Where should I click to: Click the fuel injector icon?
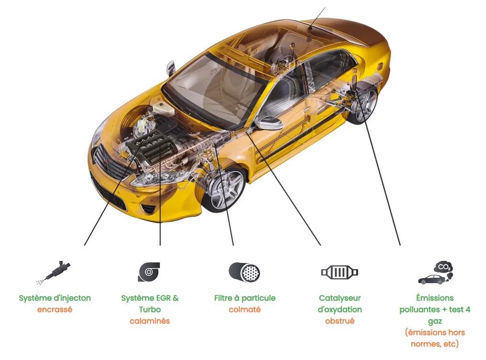(54, 272)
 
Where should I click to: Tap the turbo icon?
(149, 272)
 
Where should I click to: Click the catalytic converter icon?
(339, 272)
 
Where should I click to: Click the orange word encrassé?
(55, 309)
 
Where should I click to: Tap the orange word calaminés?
(150, 321)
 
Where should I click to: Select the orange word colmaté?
(244, 309)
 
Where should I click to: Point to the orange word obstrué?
(340, 321)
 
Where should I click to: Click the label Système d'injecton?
(55, 298)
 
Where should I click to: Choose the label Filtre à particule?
(244, 298)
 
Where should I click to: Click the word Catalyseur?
(340, 298)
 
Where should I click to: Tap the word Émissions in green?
(435, 298)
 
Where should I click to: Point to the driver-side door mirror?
(269, 123)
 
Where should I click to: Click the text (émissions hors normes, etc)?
(435, 338)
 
